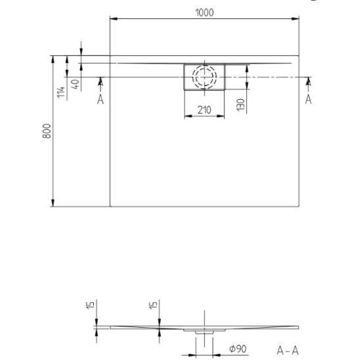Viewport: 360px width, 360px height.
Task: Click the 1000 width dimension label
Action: [204, 12]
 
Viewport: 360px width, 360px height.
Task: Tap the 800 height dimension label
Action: [47, 131]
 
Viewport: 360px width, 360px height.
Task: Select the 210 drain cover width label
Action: [204, 110]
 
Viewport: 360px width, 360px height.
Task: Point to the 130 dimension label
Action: [240, 105]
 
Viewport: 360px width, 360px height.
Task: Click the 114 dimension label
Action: [61, 92]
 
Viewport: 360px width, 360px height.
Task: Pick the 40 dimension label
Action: [76, 84]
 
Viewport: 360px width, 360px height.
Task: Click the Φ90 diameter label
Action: [238, 349]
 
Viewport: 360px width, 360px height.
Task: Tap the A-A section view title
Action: [288, 351]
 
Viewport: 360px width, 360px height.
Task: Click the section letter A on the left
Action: [101, 100]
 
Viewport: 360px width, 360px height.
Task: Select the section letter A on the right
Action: [308, 99]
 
